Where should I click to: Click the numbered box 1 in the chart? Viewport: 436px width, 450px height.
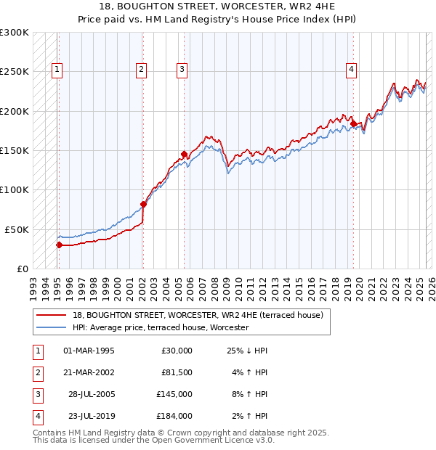(57, 70)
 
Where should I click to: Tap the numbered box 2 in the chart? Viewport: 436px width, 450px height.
(140, 70)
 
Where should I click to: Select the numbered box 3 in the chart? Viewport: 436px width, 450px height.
(181, 70)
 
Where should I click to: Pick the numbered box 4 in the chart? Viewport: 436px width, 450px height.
(351, 70)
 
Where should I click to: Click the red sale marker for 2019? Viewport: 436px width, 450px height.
(353, 123)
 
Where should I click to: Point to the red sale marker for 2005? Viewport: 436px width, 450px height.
(185, 154)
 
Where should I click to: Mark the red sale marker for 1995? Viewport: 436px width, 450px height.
(59, 245)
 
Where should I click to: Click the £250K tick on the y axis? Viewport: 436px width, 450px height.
(15, 72)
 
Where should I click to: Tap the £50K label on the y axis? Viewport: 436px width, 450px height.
(17, 229)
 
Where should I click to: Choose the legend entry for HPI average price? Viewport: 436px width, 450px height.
(161, 327)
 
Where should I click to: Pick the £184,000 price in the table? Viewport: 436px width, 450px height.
(174, 416)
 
